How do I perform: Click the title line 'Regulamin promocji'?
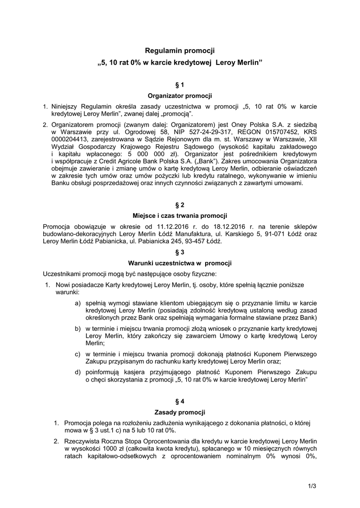click(180, 51)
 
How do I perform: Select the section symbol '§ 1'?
click(180, 85)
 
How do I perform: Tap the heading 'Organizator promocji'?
click(180, 95)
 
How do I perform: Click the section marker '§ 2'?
click(180, 205)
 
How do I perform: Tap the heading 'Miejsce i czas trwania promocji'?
click(180, 215)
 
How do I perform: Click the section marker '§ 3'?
click(180, 252)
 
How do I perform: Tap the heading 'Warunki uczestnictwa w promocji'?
click(180, 263)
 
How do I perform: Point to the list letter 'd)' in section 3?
click(78, 372)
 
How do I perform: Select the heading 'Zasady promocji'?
click(180, 412)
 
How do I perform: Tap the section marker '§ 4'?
click(180, 401)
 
